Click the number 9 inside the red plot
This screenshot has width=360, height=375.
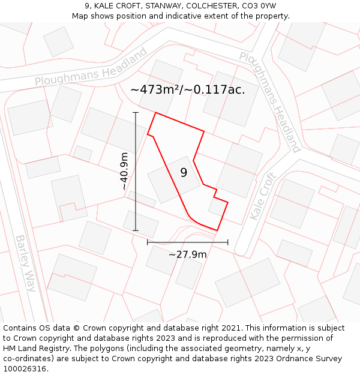click(x=184, y=173)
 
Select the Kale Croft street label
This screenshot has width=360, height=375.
click(x=262, y=196)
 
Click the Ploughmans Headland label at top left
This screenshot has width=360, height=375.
click(x=91, y=68)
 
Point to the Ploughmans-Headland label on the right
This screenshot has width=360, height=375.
click(x=269, y=101)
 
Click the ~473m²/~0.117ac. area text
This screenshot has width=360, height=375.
click(x=188, y=90)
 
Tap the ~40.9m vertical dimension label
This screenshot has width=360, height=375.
click(x=124, y=172)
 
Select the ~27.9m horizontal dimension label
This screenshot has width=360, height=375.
click(x=187, y=254)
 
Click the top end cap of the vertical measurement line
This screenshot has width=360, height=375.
click(x=136, y=112)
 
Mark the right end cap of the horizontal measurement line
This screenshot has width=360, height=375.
click(x=228, y=242)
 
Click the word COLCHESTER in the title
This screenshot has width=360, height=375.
click(x=213, y=5)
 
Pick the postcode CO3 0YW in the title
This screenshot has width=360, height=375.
click(x=260, y=5)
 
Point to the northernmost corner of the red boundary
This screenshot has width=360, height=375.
click(x=156, y=112)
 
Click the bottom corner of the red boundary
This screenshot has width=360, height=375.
click(x=217, y=230)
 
